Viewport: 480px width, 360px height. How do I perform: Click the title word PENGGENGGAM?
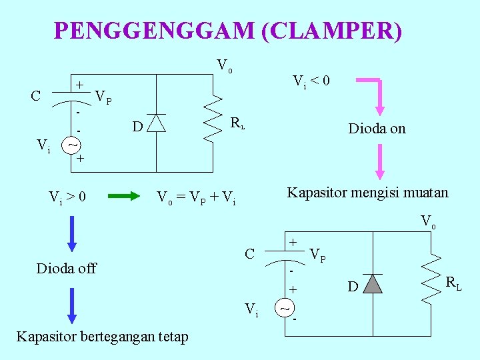[x=154, y=31]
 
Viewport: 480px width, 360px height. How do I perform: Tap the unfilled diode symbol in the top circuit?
[x=156, y=123]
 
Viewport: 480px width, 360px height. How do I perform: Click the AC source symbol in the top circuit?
[x=73, y=144]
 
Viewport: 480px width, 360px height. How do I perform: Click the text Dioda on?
[x=377, y=129]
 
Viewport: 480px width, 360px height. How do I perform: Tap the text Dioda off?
[x=67, y=268]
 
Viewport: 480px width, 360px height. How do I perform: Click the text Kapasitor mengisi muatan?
[x=367, y=193]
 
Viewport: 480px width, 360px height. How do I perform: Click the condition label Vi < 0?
[x=312, y=81]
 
